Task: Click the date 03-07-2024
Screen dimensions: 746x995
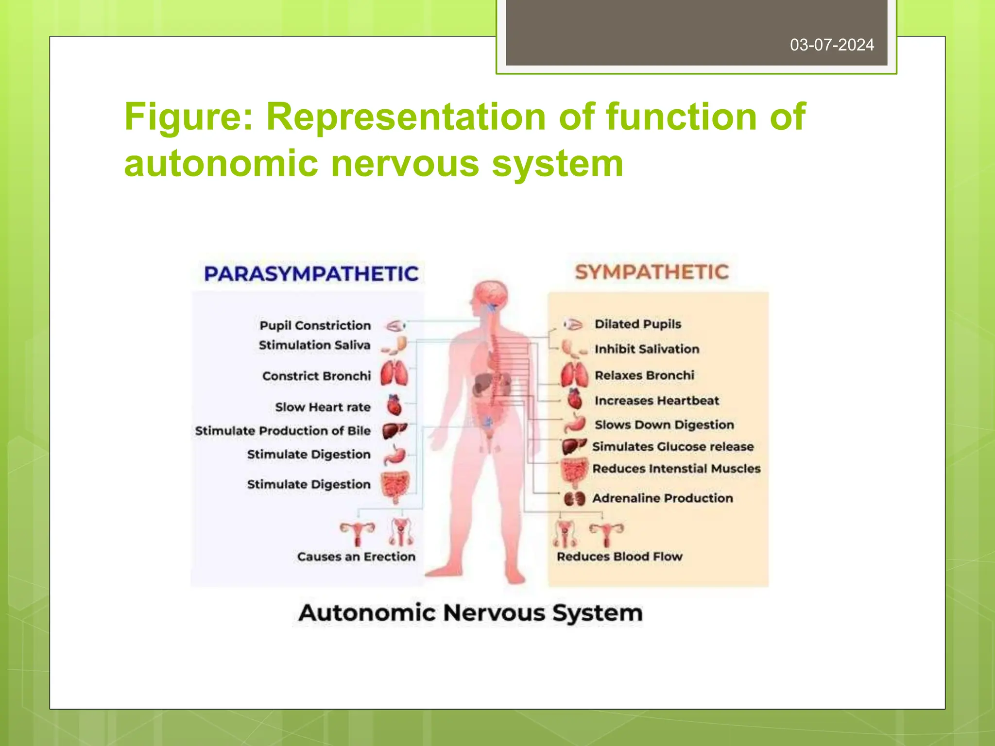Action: coord(831,45)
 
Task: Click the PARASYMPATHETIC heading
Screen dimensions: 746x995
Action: coord(311,274)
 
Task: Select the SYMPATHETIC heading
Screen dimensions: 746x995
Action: coord(652,272)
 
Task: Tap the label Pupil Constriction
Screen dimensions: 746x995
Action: coord(315,325)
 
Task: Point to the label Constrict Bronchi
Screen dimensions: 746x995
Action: coord(316,376)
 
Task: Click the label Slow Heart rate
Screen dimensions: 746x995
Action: coord(323,407)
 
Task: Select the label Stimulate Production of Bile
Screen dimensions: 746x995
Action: coord(283,431)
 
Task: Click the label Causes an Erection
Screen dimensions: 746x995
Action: coord(356,557)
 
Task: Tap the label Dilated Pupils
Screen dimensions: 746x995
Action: coord(637,324)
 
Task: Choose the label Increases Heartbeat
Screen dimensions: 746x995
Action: coord(656,401)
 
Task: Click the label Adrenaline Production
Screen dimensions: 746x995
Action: coord(662,498)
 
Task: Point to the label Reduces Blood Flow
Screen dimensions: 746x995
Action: coord(619,557)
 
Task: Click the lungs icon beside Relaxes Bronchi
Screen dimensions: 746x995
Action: coord(574,375)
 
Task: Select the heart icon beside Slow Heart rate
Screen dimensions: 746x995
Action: coord(395,405)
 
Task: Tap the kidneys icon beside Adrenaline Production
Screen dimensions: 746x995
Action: coord(574,499)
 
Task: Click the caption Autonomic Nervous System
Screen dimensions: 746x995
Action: coord(470,613)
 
